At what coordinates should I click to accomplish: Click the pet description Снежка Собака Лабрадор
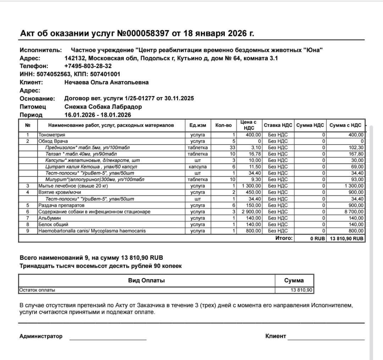[103, 107]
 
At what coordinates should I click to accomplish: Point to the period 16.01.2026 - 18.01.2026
[98, 115]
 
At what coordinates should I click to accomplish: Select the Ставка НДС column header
[278, 125]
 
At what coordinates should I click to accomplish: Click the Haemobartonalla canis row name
[92, 231]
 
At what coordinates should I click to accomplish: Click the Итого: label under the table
[284, 238]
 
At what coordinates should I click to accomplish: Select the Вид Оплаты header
[146, 280]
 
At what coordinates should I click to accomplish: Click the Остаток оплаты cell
[37, 290]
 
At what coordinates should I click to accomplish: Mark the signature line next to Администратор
[108, 339]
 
